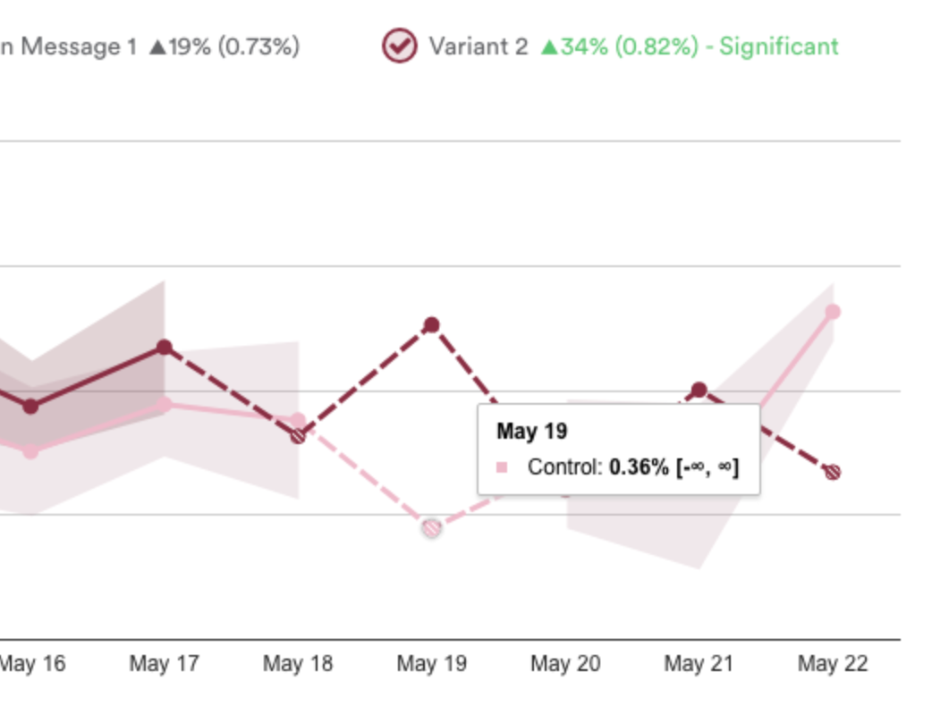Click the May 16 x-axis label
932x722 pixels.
[32, 664]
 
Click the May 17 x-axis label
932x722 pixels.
[164, 664]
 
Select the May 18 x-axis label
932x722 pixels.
[297, 664]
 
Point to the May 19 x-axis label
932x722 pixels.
[431, 664]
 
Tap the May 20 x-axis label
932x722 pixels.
[565, 664]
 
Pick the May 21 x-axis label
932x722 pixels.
[699, 664]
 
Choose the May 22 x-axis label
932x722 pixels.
[833, 664]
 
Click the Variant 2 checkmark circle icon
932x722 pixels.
[399, 46]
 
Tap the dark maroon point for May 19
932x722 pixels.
[431, 324]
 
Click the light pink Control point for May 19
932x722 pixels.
[432, 528]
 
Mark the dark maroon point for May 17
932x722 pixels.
[164, 347]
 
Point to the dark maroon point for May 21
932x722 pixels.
[699, 390]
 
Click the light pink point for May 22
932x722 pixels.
[833, 312]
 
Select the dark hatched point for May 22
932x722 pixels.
[833, 472]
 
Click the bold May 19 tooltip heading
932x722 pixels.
[531, 432]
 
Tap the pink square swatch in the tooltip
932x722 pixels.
[502, 467]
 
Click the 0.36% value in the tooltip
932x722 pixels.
[639, 467]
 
